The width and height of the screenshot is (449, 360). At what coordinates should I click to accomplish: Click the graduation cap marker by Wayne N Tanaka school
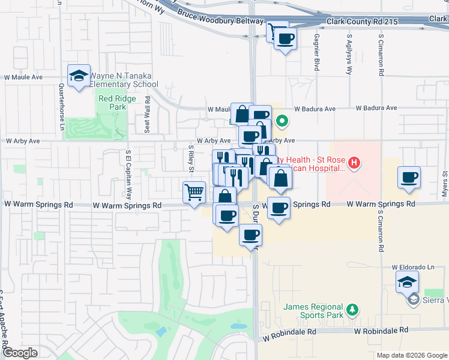79,76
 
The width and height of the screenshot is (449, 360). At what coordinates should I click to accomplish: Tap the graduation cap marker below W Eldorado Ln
408,281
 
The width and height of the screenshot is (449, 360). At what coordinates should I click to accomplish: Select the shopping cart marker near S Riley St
194,193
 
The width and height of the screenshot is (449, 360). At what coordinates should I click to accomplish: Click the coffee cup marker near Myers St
409,178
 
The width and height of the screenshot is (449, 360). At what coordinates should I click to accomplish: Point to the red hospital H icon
354,163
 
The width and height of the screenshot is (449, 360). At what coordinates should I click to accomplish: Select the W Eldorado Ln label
413,267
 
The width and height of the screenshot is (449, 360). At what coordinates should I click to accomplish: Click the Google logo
20,353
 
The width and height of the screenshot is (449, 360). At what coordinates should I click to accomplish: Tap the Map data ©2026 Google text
412,355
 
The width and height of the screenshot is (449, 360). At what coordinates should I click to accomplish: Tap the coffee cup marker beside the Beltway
285,40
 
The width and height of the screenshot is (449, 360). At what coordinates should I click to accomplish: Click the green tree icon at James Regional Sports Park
354,310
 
